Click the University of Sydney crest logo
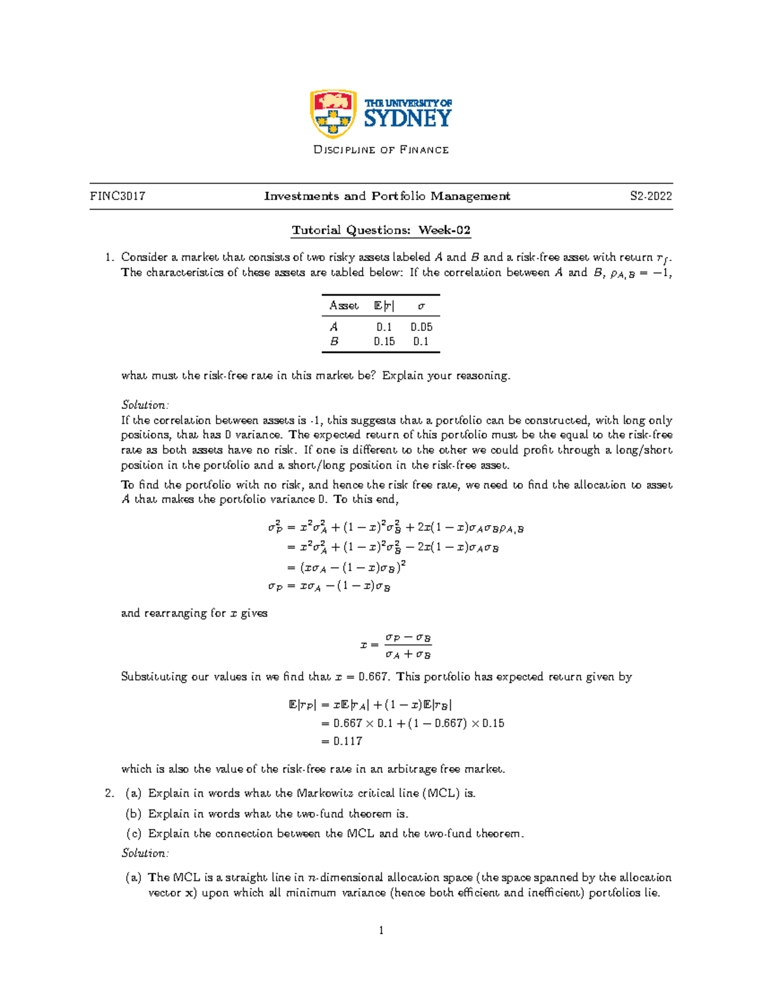[332, 114]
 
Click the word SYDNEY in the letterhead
[408, 119]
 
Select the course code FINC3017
[117, 196]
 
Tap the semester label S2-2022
[651, 196]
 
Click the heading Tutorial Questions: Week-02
[381, 230]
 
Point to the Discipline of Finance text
[381, 150]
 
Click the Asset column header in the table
[344, 305]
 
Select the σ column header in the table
[421, 305]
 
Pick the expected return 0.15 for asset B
[384, 342]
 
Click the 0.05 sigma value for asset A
[421, 327]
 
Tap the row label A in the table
[334, 327]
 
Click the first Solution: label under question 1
[145, 405]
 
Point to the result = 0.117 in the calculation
[342, 741]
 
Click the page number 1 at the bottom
[381, 931]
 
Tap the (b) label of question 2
[133, 813]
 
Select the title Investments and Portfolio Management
[387, 196]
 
